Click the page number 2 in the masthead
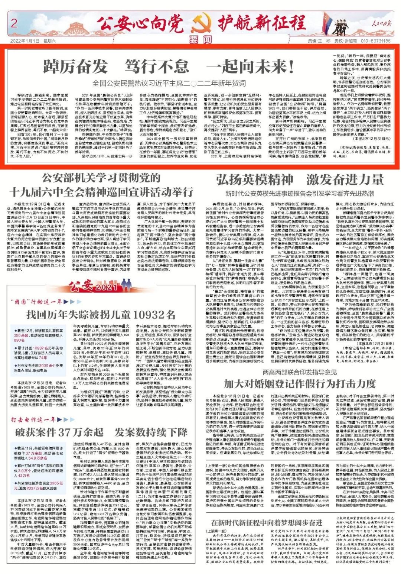14,23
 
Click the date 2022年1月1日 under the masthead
25,41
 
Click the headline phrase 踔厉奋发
75,67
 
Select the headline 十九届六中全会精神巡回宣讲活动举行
101,192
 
